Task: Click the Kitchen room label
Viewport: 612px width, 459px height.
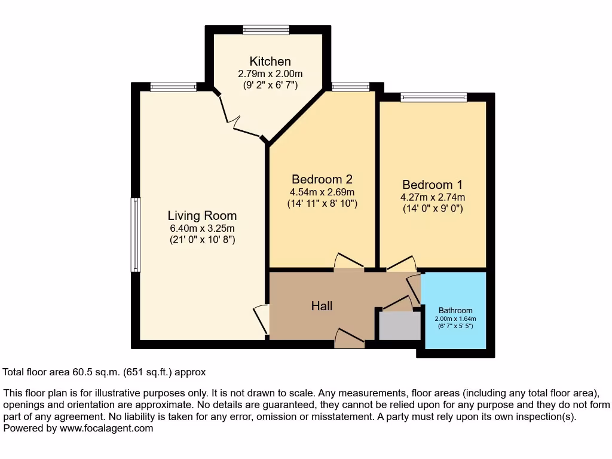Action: coord(270,62)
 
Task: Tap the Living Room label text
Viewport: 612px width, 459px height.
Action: coord(202,216)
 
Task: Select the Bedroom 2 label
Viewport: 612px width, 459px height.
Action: coord(322,179)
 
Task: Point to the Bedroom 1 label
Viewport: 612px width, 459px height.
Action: coord(432,185)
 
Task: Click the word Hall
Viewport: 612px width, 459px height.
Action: coord(322,306)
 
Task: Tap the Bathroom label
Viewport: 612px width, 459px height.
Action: coord(455,310)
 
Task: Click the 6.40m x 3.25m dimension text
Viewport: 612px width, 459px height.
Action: coord(202,228)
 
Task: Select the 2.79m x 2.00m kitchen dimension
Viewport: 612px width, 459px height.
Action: coord(270,74)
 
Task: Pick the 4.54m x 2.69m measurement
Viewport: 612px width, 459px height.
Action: coord(322,192)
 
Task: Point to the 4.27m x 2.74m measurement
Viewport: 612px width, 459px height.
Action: coord(432,197)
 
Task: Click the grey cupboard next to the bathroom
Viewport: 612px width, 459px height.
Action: coord(400,326)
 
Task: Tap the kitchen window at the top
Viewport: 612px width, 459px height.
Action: coord(266,29)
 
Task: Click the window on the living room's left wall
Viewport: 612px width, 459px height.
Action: coord(136,235)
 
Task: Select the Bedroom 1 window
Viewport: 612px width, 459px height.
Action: coord(433,97)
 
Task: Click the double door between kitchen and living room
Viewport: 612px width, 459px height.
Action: coord(240,120)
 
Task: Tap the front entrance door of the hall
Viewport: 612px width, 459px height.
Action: coord(350,339)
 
